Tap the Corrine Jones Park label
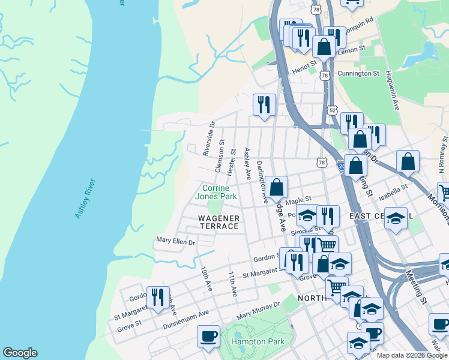(x=217, y=192)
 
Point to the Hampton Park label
(x=258, y=341)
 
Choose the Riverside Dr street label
(x=208, y=142)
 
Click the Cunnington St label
(x=358, y=73)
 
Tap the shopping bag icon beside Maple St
(x=277, y=187)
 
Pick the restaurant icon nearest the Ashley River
(x=157, y=296)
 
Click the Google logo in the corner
(x=20, y=353)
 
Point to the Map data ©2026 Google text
(x=411, y=355)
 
